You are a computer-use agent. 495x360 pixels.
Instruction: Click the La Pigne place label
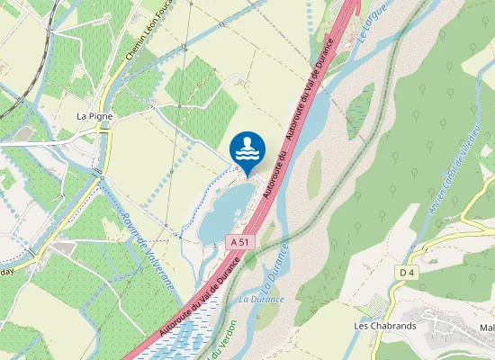[x=93, y=116]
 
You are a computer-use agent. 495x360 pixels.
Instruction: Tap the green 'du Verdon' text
[x=220, y=337]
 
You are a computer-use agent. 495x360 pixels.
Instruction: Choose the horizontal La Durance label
[x=262, y=299]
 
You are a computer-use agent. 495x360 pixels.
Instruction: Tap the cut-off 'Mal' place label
[x=487, y=328]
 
